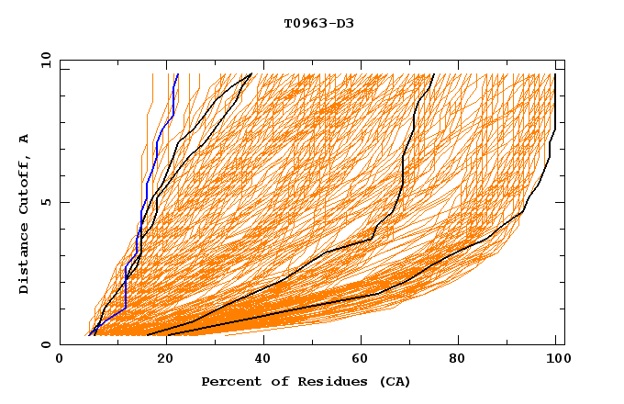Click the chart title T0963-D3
coord(318,23)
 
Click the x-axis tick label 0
coord(60,360)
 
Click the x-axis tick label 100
coord(555,360)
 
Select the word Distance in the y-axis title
coord(25,259)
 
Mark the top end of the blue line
coord(177,74)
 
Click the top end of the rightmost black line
coord(555,74)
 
